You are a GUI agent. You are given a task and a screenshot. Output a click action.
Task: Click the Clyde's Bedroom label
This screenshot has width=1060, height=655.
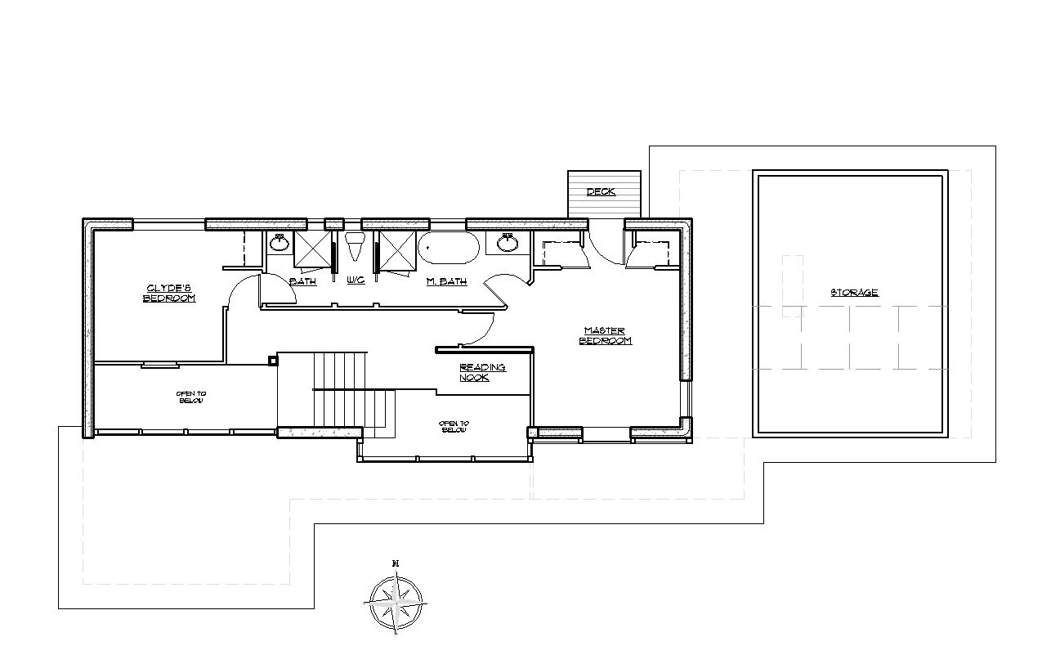[169, 294]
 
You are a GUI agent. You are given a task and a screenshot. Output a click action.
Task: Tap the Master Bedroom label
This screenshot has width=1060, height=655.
[606, 335]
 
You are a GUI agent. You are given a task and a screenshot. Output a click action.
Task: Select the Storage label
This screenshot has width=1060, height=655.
[855, 292]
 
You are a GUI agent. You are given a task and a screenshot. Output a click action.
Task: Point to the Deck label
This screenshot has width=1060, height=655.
[601, 191]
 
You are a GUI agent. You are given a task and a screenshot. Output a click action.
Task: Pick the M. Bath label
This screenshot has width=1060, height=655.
[447, 281]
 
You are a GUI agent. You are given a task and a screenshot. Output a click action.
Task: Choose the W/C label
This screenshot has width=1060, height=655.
[356, 280]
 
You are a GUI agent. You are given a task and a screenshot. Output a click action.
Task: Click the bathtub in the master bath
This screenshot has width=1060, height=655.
[448, 247]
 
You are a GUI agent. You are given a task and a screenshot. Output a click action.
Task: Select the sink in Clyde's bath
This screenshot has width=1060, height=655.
[280, 243]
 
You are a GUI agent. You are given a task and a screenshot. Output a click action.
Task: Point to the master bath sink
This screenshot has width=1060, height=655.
[508, 243]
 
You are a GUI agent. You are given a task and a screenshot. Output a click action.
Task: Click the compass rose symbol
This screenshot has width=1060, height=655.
[396, 603]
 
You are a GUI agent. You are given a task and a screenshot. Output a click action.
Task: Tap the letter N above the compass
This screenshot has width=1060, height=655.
[396, 563]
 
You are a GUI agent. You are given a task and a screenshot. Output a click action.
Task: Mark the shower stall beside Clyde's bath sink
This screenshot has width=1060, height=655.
[312, 249]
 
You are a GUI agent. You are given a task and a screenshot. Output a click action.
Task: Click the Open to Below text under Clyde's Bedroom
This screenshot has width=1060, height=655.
[191, 397]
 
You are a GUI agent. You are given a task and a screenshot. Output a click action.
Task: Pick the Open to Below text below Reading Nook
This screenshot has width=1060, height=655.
[454, 427]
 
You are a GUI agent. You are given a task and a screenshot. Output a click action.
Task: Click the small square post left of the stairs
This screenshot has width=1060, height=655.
[273, 361]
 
